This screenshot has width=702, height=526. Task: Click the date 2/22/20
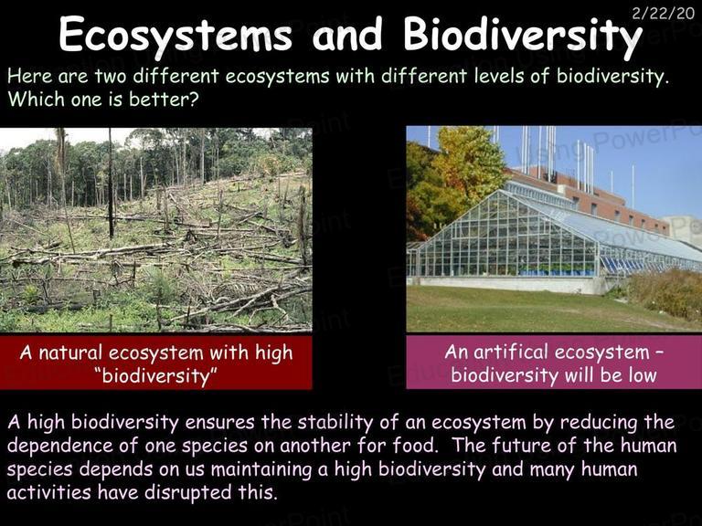coord(663,14)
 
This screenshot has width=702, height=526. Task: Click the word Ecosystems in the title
coord(175,35)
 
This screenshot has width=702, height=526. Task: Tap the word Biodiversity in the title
coord(522,35)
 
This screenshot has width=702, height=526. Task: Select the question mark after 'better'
coord(193,99)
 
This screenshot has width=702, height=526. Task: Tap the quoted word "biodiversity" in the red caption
coord(155,375)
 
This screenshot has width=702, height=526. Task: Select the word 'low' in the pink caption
coord(643,374)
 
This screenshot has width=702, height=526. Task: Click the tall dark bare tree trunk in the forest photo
coord(110,184)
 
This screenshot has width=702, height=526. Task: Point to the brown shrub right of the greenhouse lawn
coord(663,293)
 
